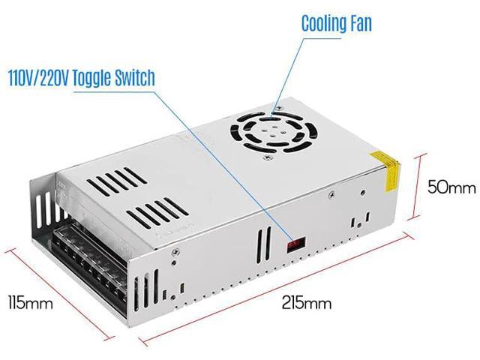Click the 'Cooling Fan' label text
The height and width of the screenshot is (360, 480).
point(336,23)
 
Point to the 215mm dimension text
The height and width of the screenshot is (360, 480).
point(306,303)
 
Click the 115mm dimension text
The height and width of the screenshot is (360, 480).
point(30,303)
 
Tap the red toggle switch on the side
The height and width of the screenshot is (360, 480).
point(296,243)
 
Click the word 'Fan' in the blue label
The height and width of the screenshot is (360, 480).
point(358,23)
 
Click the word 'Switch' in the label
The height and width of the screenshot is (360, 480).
point(135,78)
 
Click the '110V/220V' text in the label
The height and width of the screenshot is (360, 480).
point(37,78)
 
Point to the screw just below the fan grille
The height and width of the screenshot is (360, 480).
point(265,158)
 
